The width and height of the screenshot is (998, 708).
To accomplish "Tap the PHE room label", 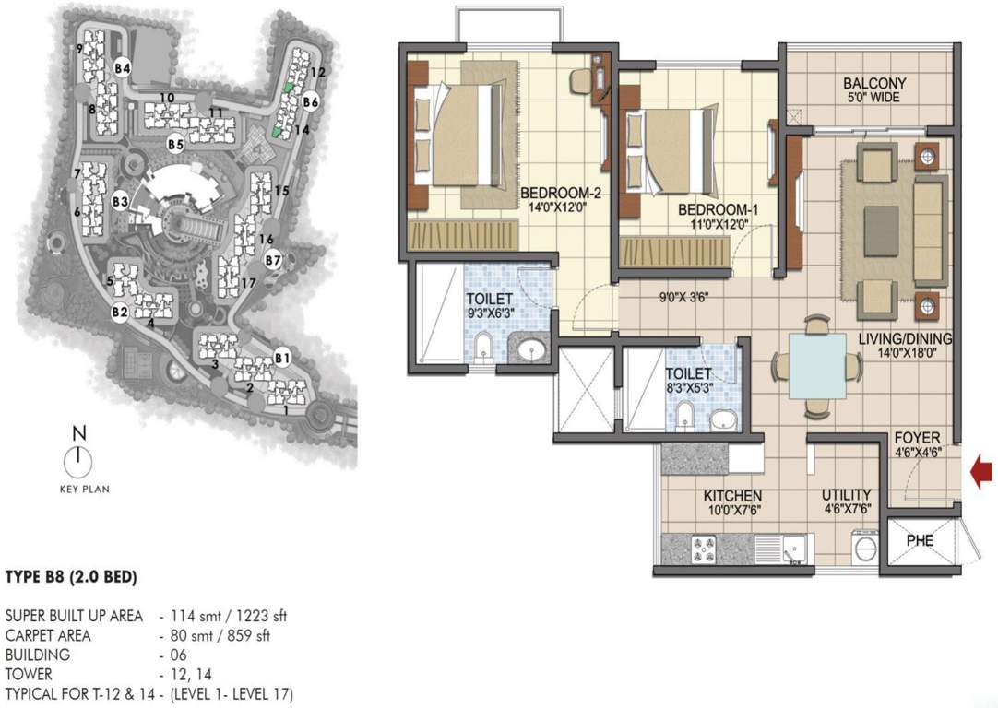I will pyautogui.click(x=920, y=540).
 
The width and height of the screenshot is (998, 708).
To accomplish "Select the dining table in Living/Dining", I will pyautogui.click(x=817, y=366).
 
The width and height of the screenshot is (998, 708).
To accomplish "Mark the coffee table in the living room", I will pyautogui.click(x=881, y=222).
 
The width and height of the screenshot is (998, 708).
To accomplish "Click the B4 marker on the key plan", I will pyautogui.click(x=123, y=68).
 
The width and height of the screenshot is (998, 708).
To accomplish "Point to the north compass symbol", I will pyautogui.click(x=79, y=458).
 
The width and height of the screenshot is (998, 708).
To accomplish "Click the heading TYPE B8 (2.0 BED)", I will pyautogui.click(x=71, y=578).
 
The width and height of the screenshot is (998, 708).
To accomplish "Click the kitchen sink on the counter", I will pyautogui.click(x=792, y=550).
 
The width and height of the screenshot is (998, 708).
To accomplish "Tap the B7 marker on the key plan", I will pyautogui.click(x=272, y=261).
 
